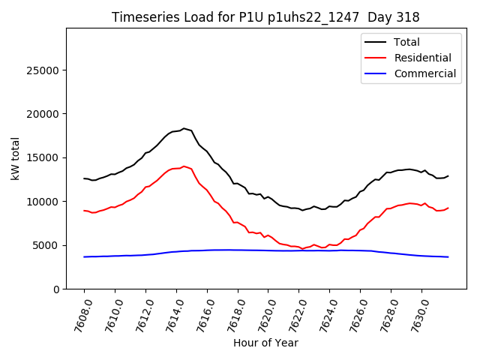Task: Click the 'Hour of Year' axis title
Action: (x=265, y=343)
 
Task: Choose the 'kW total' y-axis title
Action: (x=16, y=158)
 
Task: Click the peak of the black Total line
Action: (x=184, y=128)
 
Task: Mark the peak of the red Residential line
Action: (x=184, y=166)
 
